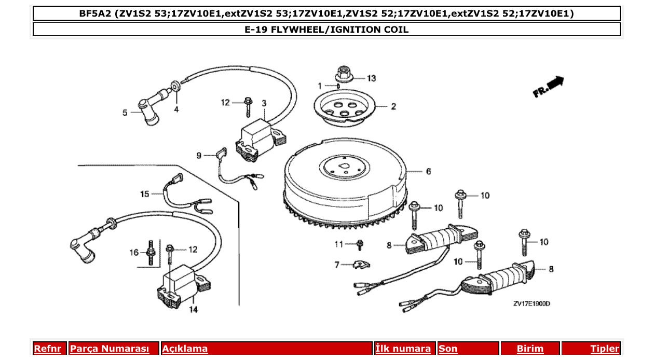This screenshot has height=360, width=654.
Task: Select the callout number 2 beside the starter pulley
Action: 393,107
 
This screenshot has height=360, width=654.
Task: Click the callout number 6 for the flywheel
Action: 428,171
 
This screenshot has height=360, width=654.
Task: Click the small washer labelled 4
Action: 176,85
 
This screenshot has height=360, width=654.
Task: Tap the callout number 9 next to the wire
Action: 198,155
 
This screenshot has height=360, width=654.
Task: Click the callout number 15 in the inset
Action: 144,194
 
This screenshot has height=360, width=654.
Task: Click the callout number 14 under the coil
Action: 193,310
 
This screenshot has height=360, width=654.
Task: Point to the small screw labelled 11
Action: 360,243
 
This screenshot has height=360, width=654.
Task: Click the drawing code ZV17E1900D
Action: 532,303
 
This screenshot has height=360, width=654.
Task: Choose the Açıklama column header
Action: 185,349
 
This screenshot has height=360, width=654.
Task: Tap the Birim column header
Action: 530,349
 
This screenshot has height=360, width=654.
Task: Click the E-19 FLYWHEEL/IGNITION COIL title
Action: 326,30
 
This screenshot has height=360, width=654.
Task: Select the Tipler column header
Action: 604,349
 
